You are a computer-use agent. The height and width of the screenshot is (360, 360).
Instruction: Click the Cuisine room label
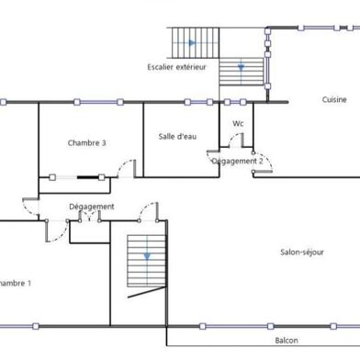(x=334, y=99)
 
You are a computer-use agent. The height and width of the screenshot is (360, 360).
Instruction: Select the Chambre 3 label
(x=87, y=142)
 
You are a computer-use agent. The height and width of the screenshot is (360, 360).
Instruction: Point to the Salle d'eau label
(x=177, y=136)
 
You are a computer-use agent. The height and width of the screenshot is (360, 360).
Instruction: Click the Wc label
(x=238, y=123)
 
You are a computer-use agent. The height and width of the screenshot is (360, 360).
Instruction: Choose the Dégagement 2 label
(x=238, y=161)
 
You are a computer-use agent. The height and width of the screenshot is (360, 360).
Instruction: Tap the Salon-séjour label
(x=302, y=251)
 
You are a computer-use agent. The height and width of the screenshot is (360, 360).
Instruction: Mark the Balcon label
(x=287, y=340)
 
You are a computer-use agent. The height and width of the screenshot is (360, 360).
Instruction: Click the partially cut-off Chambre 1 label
(x=16, y=283)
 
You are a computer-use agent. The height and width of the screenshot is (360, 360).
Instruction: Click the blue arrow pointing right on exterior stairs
(x=191, y=42)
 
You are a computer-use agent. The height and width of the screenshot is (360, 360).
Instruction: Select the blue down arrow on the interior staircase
(x=143, y=258)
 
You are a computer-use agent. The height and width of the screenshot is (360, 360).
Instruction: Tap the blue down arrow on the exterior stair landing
(x=242, y=67)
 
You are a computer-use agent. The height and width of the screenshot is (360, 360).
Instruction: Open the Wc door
(x=236, y=141)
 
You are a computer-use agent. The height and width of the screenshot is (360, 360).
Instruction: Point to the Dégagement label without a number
(x=92, y=207)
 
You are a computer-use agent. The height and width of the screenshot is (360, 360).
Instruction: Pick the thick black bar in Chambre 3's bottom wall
(x=90, y=176)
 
